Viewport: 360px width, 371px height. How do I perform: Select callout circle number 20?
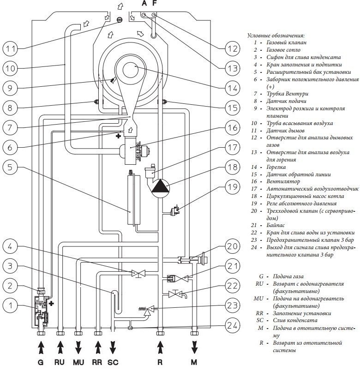tap(233, 247)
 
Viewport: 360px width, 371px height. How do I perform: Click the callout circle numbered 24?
tap(233, 326)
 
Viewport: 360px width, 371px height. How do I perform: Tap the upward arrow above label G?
tap(41, 347)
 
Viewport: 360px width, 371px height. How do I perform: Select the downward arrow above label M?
tap(194, 347)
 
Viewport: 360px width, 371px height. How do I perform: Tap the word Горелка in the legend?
tap(276, 167)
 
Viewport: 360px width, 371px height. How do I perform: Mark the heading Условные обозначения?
tap(276, 35)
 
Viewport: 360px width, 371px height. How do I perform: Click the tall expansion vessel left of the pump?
tap(132, 198)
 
